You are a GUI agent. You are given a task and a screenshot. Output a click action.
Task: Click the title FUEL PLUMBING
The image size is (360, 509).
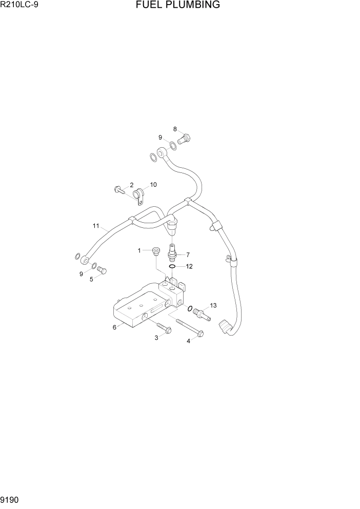pyautogui.click(x=178, y=5)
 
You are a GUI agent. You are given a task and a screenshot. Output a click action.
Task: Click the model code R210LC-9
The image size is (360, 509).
pyautogui.click(x=19, y=6)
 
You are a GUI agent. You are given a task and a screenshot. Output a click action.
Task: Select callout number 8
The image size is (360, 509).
pyautogui.click(x=175, y=129)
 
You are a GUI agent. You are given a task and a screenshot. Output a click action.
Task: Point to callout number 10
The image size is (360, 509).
pyautogui.click(x=153, y=185)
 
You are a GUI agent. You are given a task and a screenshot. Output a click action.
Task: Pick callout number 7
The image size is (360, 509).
pyautogui.click(x=188, y=254)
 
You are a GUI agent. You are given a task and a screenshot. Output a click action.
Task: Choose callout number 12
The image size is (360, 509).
pyautogui.click(x=189, y=266)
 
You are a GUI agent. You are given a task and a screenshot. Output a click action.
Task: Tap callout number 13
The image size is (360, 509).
pyautogui.click(x=213, y=305)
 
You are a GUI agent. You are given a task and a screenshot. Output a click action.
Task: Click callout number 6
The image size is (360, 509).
pyautogui.click(x=115, y=327)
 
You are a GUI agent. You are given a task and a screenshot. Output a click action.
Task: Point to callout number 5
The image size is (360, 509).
pyautogui.click(x=92, y=279)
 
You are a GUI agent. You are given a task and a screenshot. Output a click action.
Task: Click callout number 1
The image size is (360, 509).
pyautogui.click(x=139, y=250)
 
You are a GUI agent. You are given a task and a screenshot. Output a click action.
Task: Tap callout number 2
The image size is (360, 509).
pyautogui.click(x=131, y=185)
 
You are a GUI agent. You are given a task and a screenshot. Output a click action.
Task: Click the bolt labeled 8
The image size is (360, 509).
pyautogui.click(x=184, y=138)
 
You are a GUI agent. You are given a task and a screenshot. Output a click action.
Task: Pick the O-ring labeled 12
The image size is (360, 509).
pyautogui.click(x=173, y=266)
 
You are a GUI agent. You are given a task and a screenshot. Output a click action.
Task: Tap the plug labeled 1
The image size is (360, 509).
pyautogui.click(x=156, y=251)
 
